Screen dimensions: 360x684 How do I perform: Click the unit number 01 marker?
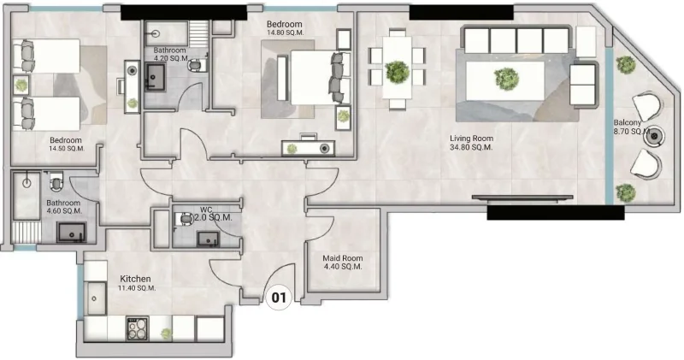coord(278,298)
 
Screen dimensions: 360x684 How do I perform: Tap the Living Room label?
coord(472,138)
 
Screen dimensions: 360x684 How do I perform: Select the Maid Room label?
coord(342,257)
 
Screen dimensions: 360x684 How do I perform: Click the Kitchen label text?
coord(135,279)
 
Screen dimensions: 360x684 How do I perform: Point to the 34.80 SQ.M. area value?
coord(472,148)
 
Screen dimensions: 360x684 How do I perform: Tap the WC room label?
coord(205,209)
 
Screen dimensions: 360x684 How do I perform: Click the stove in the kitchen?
coord(138,327)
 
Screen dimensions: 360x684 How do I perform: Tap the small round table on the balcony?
coord(655,135)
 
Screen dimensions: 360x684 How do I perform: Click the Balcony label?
coord(629,122)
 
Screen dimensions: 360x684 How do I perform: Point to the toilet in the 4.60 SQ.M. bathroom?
coord(56,180)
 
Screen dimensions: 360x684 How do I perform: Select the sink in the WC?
coord(205,237)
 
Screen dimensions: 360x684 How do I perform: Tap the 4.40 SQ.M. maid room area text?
coord(342,267)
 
